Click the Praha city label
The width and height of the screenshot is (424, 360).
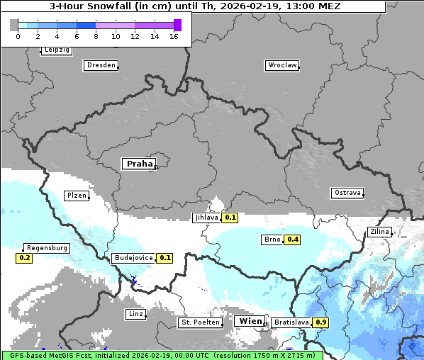pos(139,164)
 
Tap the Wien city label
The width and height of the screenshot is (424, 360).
pos(250,321)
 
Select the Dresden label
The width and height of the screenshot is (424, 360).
pos(100,65)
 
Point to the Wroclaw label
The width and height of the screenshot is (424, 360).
pos(281,65)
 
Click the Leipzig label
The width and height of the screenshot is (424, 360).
pos(56,50)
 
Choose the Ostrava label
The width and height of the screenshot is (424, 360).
pos(347,193)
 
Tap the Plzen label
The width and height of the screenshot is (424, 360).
pos(76,196)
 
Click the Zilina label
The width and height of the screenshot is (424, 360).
pos(379,232)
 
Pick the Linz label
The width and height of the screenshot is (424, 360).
pos(135,314)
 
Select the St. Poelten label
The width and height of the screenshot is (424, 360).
pos(200,322)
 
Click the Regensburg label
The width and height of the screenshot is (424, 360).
pos(47,248)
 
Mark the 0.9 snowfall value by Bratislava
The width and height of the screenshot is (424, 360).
pos(321,322)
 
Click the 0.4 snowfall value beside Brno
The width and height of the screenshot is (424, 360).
pos(292,240)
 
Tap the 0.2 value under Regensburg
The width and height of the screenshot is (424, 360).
pos(25,258)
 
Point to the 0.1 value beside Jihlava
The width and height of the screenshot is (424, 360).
pos(230,218)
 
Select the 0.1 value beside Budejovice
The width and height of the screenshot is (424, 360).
pos(164,258)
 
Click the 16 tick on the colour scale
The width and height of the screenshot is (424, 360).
pos(174,36)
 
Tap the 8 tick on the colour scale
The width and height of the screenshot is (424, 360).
pos(96,36)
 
